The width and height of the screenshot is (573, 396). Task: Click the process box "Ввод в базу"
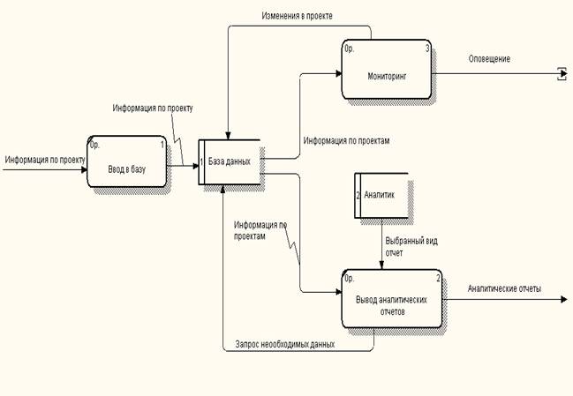pyautogui.click(x=127, y=161)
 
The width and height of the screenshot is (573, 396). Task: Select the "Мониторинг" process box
pyautogui.click(x=387, y=70)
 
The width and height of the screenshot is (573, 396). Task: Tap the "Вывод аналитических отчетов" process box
pyautogui.click(x=392, y=299)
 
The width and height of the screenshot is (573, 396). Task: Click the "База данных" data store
pyautogui.click(x=230, y=161)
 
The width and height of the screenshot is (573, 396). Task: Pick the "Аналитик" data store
pyautogui.click(x=381, y=195)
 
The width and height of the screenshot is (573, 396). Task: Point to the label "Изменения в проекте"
pyautogui.click(x=298, y=16)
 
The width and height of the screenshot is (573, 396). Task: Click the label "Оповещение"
pyautogui.click(x=489, y=59)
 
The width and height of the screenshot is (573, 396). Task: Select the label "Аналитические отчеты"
pyautogui.click(x=504, y=288)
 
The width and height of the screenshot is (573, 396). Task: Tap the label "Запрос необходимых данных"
pyautogui.click(x=285, y=344)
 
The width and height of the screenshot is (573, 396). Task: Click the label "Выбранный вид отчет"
pyautogui.click(x=411, y=247)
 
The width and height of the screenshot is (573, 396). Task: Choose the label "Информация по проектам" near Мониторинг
pyautogui.click(x=346, y=140)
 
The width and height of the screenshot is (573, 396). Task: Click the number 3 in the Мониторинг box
pyautogui.click(x=427, y=49)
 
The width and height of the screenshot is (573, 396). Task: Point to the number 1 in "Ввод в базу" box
pyautogui.click(x=162, y=145)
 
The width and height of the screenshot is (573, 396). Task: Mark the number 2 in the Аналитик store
pyautogui.click(x=358, y=195)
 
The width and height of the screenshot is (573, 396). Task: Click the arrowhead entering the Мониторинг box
pyautogui.click(x=339, y=73)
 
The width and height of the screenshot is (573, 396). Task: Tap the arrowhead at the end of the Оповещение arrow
pyautogui.click(x=563, y=74)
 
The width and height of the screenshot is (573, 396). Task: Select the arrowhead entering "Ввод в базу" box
pyautogui.click(x=84, y=169)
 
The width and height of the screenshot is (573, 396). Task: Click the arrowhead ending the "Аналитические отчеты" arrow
pyautogui.click(x=563, y=299)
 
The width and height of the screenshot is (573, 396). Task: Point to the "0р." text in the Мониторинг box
pyautogui.click(x=350, y=49)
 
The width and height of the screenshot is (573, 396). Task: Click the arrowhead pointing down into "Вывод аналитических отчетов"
pyautogui.click(x=381, y=265)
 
